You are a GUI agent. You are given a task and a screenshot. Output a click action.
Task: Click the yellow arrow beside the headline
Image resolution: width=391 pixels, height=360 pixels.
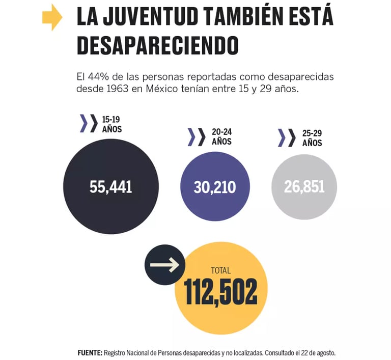[52, 19]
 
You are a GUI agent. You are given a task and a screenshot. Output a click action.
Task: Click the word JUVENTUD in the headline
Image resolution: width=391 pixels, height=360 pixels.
[146, 19]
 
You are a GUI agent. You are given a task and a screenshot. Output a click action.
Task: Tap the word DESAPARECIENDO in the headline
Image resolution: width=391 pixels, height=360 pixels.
[158, 45]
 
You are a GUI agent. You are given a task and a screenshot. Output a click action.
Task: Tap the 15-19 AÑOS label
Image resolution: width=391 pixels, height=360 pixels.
[111, 124]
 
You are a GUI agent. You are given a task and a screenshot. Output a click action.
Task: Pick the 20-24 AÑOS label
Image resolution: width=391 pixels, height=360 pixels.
[221, 136]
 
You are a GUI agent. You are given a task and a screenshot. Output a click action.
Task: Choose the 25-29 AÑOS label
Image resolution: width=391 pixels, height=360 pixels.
[312, 137]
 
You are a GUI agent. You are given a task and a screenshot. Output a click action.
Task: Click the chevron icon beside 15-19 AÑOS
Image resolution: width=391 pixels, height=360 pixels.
[88, 124]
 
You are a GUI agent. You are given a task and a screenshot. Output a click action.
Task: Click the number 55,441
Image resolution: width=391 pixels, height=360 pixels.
[110, 187]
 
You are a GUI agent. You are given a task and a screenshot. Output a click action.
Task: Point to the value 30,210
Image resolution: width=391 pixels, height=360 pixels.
[215, 187]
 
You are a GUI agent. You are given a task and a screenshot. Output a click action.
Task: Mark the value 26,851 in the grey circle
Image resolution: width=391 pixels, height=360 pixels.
[304, 187]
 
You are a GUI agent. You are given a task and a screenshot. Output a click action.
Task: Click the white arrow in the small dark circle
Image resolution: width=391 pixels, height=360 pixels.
[165, 265]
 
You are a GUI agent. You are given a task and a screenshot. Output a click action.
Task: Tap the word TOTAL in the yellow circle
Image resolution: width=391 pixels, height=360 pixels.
[220, 270]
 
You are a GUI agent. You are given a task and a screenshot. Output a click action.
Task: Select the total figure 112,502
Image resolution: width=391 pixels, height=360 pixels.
[221, 292]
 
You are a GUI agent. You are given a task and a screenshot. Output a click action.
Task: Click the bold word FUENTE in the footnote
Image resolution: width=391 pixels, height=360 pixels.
[90, 352]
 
